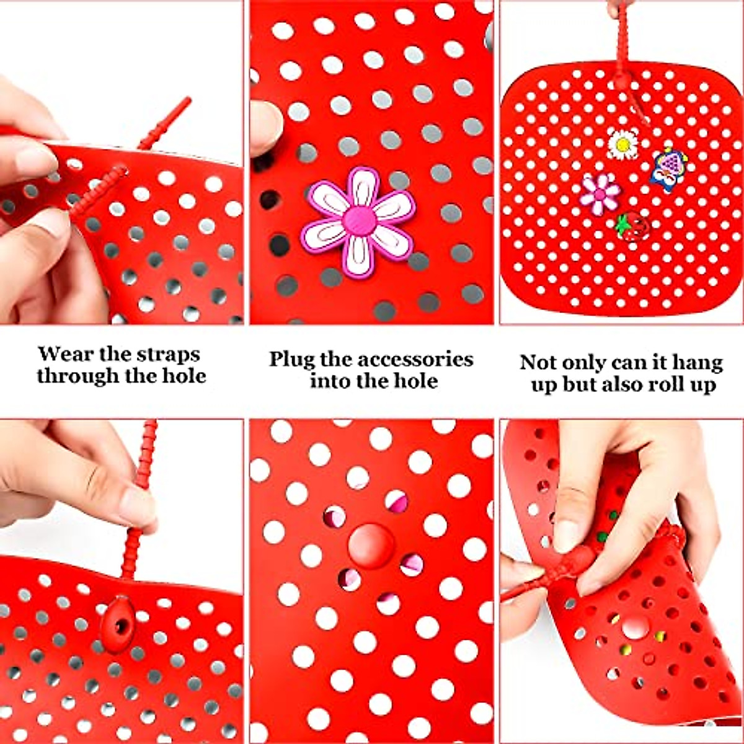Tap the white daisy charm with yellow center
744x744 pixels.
tap(622, 144)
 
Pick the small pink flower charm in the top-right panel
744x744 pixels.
tap(600, 193)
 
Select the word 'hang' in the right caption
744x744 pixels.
tap(698, 362)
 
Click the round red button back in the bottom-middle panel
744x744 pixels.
tap(370, 546)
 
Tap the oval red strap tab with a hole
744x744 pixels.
tap(118, 625)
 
